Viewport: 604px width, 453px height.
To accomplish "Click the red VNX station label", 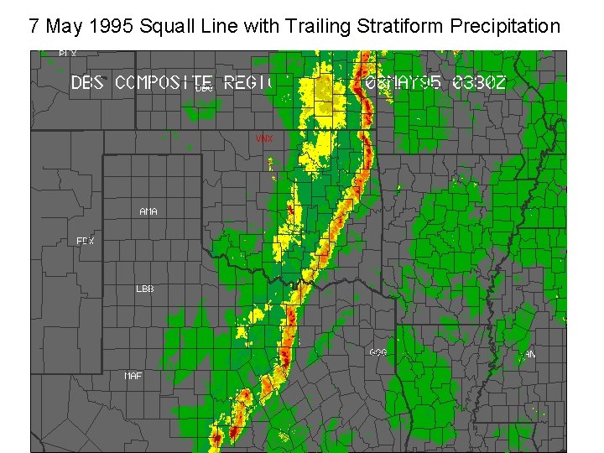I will coord(264,138).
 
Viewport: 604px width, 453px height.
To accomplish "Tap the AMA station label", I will coord(148,211).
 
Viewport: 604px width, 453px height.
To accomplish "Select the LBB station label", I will coord(145,289).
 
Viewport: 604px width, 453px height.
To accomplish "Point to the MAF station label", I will coord(133,376).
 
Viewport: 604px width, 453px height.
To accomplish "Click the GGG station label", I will coord(378,352).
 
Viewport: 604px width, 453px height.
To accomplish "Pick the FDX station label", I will coord(86,242).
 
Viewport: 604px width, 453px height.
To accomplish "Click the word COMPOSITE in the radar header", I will coord(164,82).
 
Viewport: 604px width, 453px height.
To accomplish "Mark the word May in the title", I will coord(63,27).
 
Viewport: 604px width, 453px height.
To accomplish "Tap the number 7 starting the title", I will coord(34,26).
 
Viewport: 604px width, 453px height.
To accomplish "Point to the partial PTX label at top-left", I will coord(68,54).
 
